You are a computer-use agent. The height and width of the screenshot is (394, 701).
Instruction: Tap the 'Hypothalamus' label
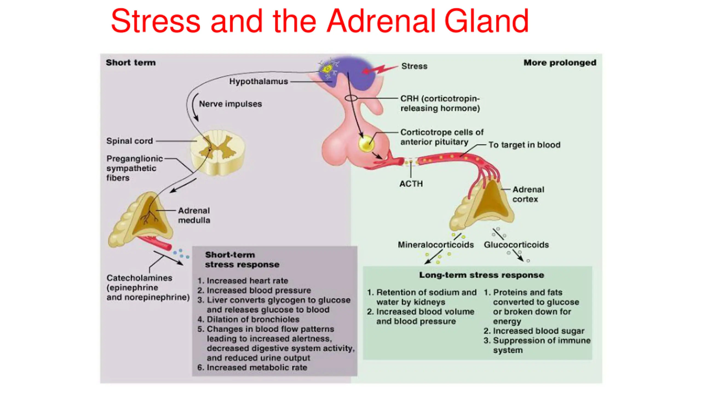(258, 82)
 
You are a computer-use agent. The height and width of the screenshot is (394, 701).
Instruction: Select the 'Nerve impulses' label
(230, 104)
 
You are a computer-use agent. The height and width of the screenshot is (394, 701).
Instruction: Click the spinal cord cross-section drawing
(218, 152)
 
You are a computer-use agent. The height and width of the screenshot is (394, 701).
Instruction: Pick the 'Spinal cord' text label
(130, 141)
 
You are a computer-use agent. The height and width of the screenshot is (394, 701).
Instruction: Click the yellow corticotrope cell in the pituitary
(366, 144)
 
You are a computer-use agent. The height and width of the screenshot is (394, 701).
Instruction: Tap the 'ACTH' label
(411, 184)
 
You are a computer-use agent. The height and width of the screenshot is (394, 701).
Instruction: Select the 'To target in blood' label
(524, 145)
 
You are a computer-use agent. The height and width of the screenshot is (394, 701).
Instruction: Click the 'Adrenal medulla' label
(194, 215)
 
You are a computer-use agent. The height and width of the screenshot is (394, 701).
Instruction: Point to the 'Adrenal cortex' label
(528, 194)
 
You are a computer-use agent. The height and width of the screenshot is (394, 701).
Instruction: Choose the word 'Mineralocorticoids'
(436, 245)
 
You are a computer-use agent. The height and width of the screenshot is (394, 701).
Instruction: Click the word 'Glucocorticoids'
(516, 245)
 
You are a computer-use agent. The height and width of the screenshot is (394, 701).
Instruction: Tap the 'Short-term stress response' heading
(242, 260)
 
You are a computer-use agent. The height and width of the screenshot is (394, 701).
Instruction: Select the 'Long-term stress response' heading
(481, 275)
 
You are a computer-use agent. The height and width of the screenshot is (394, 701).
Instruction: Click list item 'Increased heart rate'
(243, 281)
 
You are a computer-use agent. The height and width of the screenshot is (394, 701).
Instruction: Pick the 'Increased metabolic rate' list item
(252, 367)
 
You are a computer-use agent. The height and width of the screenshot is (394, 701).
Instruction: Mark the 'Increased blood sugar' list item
(534, 331)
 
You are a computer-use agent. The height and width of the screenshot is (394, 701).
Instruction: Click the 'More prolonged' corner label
(560, 63)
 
